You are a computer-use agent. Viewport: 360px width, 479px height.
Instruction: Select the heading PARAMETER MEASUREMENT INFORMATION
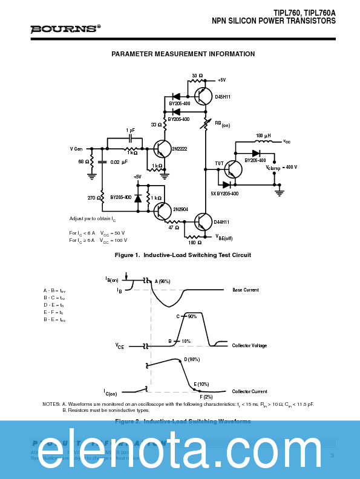(183, 54)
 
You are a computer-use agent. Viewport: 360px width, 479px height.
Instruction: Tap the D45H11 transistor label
(223, 97)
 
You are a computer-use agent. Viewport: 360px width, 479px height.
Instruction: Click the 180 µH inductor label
(263, 135)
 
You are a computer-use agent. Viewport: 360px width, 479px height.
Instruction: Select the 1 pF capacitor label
(131, 130)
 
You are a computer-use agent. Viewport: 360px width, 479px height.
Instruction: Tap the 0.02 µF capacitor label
(119, 162)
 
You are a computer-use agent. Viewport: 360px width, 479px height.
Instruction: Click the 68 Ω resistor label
(83, 162)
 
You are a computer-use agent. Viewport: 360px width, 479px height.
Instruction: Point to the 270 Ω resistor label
(94, 198)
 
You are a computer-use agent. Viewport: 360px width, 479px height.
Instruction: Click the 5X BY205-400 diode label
(224, 194)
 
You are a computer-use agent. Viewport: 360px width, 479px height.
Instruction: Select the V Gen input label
(77, 148)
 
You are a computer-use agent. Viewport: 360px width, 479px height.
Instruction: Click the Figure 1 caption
(183, 255)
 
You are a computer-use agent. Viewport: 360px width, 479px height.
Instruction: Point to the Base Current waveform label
(245, 290)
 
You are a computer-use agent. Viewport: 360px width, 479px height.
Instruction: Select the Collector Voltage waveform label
(249, 345)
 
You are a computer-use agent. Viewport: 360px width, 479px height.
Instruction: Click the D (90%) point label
(192, 359)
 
